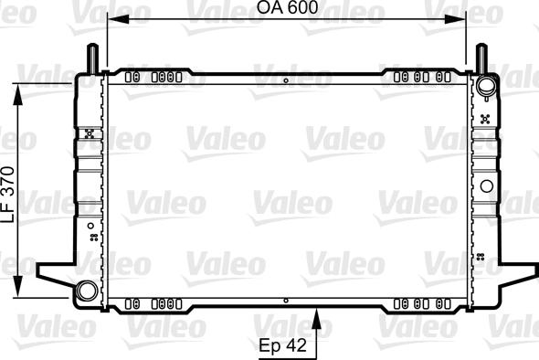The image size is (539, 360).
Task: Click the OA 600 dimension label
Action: point(287,8)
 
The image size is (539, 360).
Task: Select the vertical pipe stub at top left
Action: point(92,58)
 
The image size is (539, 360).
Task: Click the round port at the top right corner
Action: point(485,88)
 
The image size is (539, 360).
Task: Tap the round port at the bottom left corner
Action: point(87,291)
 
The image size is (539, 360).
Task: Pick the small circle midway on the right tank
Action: point(487,187)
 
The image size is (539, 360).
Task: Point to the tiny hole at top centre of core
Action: point(286,81)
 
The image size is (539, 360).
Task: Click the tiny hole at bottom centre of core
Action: point(286,299)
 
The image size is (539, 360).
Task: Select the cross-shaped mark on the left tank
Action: point(89,133)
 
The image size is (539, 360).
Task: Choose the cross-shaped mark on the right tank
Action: point(484,118)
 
